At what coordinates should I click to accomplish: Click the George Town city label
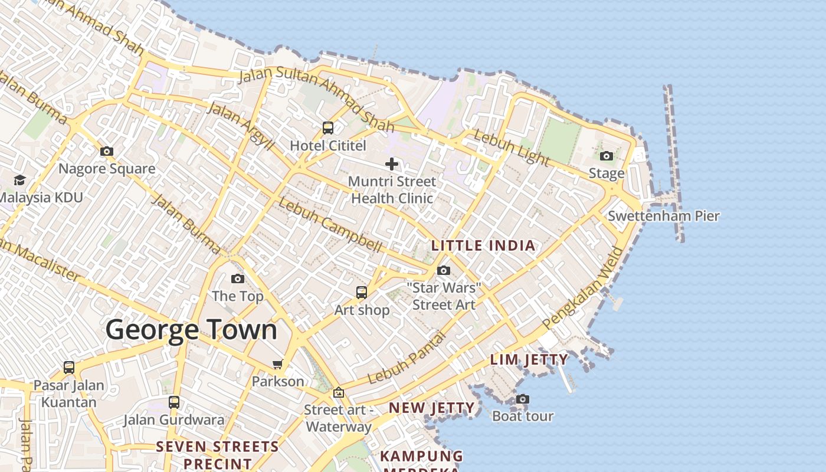[x=191, y=330]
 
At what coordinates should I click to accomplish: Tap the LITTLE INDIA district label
[x=483, y=245]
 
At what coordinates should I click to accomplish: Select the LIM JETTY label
[x=529, y=359]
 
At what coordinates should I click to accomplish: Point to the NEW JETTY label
[x=431, y=408]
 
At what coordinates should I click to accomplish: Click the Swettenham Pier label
[x=664, y=216]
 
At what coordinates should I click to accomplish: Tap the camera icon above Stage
[x=607, y=156]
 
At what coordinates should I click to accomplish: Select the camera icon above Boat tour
[x=522, y=399]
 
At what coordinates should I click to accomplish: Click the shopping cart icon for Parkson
[x=278, y=365]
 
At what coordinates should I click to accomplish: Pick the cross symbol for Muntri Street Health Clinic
[x=392, y=164]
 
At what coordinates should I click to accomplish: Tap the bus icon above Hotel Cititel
[x=328, y=128]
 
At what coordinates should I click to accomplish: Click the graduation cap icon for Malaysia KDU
[x=20, y=180]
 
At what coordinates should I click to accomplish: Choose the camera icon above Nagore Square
[x=107, y=152]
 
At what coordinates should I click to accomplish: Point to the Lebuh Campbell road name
[x=330, y=225]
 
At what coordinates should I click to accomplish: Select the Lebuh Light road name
[x=512, y=147]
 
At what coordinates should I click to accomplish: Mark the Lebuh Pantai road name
[x=406, y=358]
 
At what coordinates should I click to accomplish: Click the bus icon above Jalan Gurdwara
[x=174, y=402]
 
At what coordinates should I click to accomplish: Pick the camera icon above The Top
[x=238, y=279]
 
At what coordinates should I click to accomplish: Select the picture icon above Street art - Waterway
[x=339, y=392]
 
